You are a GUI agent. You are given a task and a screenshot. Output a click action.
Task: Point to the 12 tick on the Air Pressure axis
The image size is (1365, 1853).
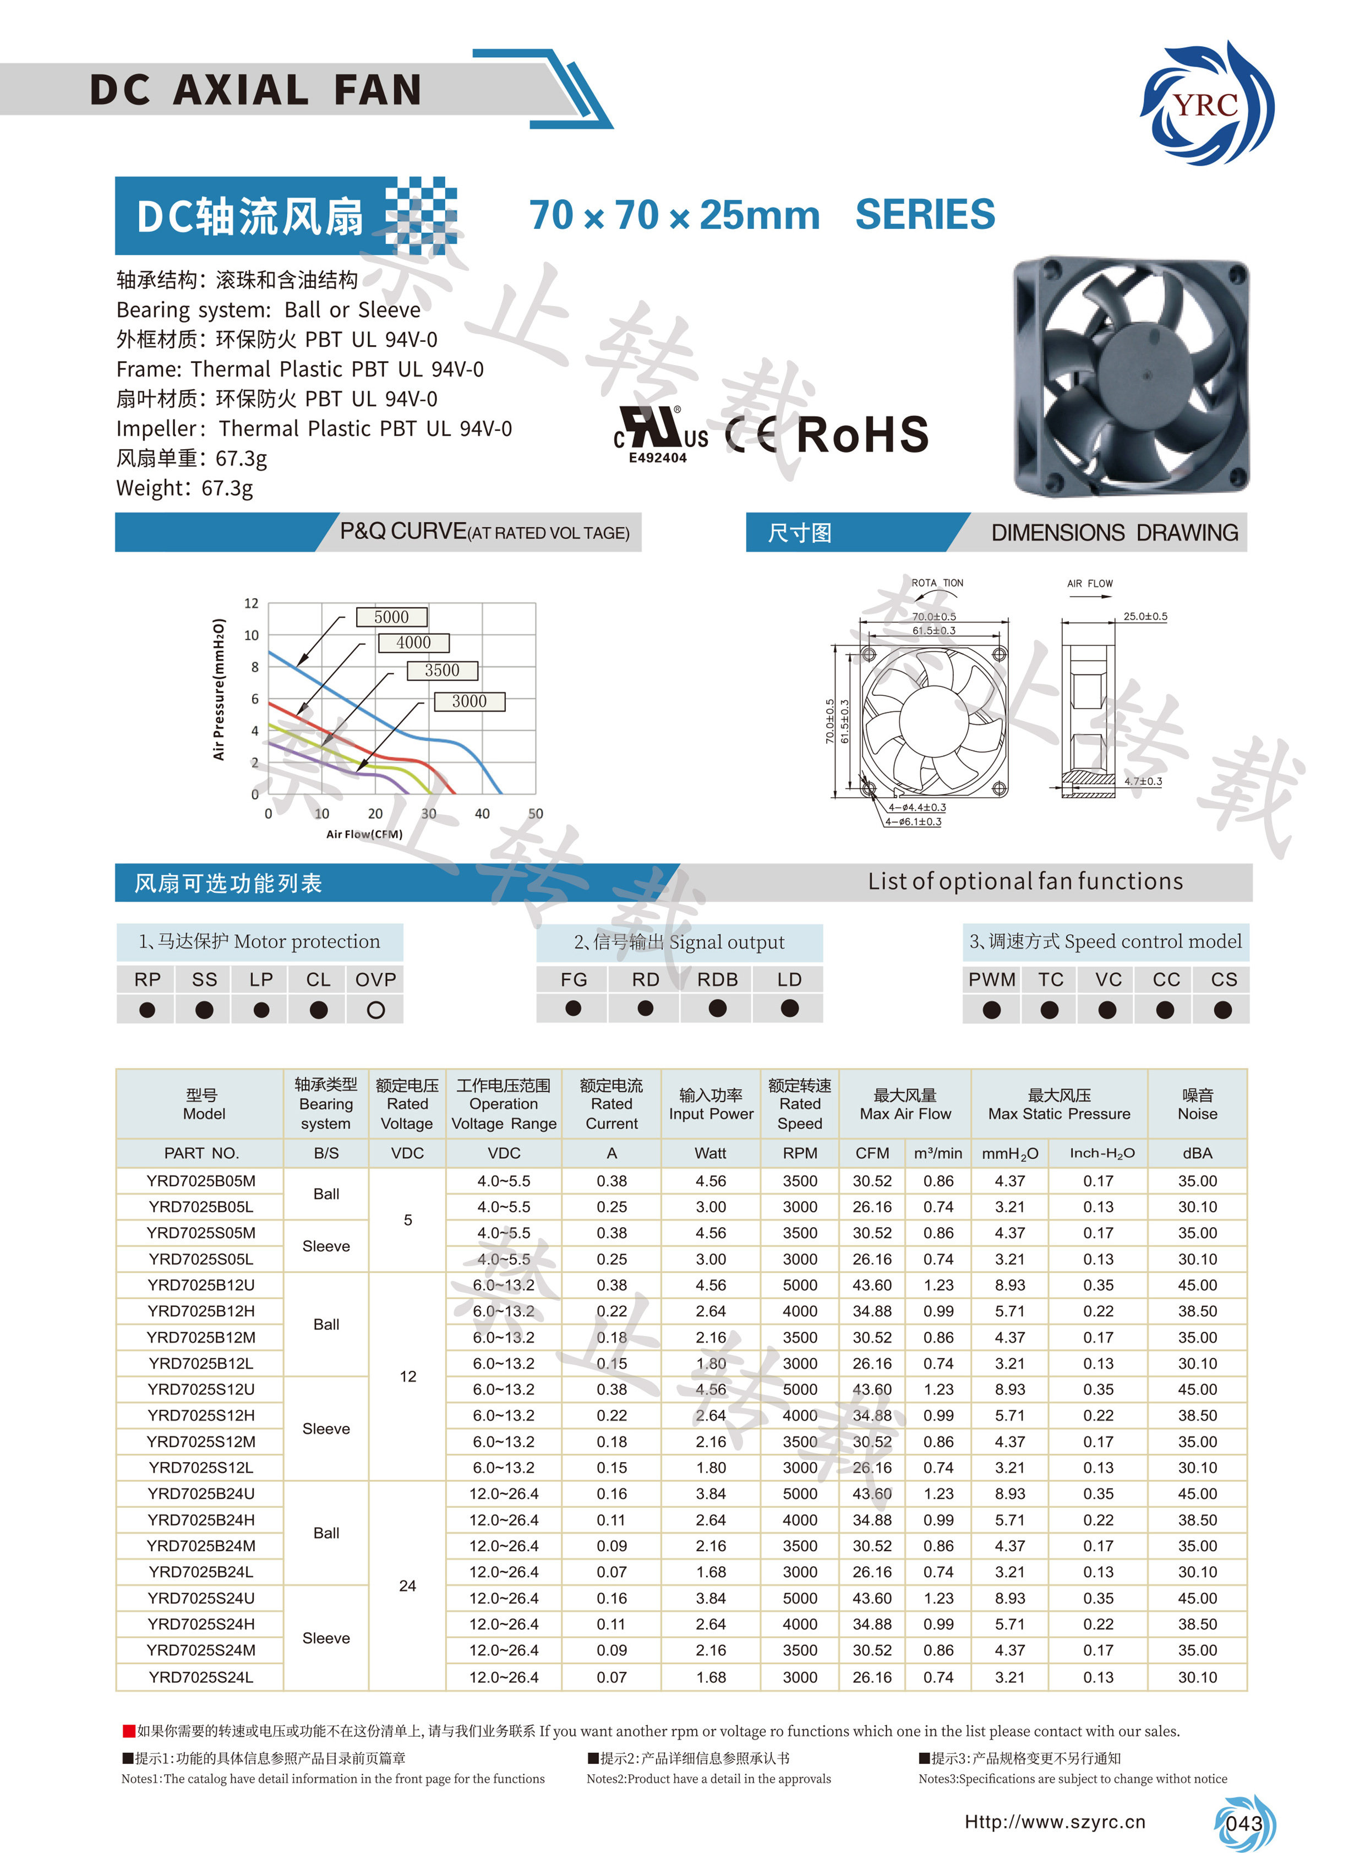(x=251, y=603)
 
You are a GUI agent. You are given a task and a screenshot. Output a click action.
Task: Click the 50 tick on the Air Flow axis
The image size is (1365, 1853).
(x=536, y=813)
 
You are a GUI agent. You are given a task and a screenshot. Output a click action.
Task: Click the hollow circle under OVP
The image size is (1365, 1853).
(x=375, y=1009)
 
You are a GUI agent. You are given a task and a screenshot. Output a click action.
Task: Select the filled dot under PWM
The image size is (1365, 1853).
(x=991, y=1009)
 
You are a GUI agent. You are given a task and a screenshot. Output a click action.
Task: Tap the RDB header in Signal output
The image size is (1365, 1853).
(x=717, y=979)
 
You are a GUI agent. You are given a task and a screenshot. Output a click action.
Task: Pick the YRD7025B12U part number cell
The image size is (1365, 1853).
(x=201, y=1284)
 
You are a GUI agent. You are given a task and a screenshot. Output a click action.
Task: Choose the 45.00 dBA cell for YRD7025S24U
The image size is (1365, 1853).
(x=1197, y=1598)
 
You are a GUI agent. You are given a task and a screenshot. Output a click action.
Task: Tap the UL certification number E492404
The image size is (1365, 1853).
(x=658, y=458)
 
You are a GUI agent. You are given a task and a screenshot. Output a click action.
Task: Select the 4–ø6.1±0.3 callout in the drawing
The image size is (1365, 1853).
(x=913, y=821)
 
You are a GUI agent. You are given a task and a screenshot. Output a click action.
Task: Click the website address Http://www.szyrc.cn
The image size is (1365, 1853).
(x=1055, y=1822)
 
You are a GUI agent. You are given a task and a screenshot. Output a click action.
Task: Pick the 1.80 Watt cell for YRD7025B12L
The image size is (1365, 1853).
(x=711, y=1363)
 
